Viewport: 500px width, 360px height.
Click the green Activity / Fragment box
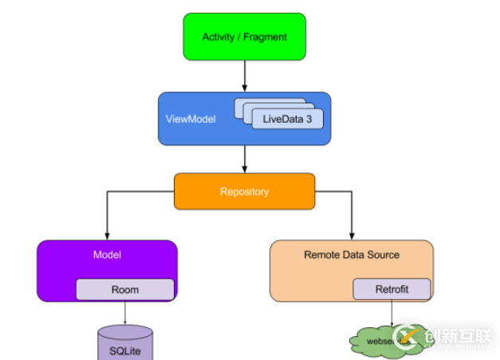point(244,37)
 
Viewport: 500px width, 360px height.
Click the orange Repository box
point(244,192)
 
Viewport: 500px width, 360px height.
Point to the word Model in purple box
point(106,255)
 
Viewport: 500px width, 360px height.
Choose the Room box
point(124,289)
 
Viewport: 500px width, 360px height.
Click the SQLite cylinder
point(124,343)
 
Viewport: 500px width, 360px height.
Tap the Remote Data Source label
point(352,255)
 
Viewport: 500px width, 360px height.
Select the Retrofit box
point(392,289)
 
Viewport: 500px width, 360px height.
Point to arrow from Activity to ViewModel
point(244,76)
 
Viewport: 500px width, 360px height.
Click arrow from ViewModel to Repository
point(244,160)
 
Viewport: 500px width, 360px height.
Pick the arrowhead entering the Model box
point(106,235)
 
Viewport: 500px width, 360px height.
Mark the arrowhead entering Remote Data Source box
point(352,235)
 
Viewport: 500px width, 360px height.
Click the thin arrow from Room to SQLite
point(124,313)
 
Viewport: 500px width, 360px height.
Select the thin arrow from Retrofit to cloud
point(392,313)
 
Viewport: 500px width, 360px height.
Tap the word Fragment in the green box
point(266,37)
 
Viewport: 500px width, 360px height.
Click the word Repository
point(244,192)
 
